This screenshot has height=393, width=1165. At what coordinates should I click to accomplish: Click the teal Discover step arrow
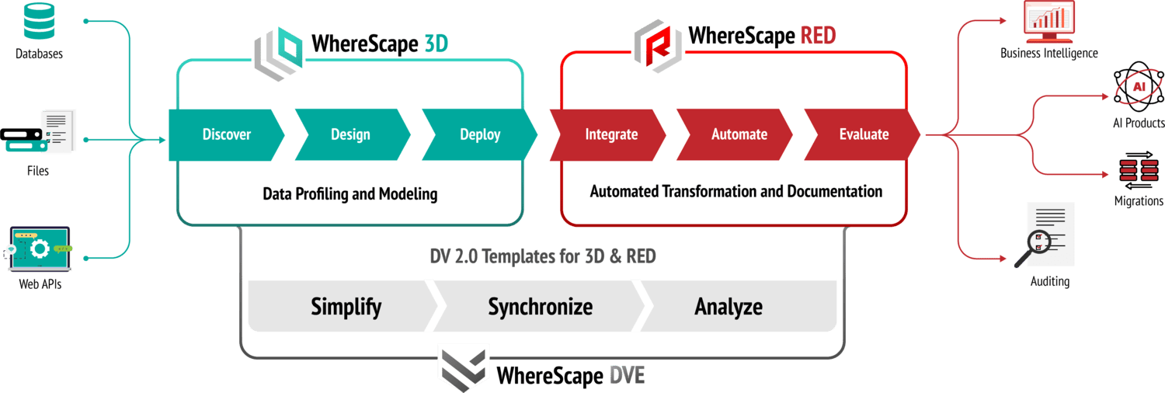pyautogui.click(x=226, y=134)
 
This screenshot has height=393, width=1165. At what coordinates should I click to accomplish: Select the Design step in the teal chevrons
pyautogui.click(x=350, y=134)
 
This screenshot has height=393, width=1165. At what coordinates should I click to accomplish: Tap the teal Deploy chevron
pyautogui.click(x=479, y=134)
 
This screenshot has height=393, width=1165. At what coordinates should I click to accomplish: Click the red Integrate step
pyautogui.click(x=610, y=134)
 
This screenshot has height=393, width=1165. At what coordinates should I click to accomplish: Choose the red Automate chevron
pyautogui.click(x=739, y=134)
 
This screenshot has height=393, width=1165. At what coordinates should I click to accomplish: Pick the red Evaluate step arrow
pyautogui.click(x=863, y=134)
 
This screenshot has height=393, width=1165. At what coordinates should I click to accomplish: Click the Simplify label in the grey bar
pyautogui.click(x=346, y=306)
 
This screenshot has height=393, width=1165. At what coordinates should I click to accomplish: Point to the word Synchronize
pyautogui.click(x=540, y=306)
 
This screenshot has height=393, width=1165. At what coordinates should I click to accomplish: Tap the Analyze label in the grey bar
pyautogui.click(x=728, y=306)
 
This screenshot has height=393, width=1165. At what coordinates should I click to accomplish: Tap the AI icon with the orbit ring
pyautogui.click(x=1139, y=88)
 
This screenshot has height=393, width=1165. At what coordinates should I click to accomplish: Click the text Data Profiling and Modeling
pyautogui.click(x=349, y=193)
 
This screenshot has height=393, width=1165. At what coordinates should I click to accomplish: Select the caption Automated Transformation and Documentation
pyautogui.click(x=736, y=191)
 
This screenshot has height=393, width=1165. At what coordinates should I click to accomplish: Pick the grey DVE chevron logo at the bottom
pyautogui.click(x=464, y=367)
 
